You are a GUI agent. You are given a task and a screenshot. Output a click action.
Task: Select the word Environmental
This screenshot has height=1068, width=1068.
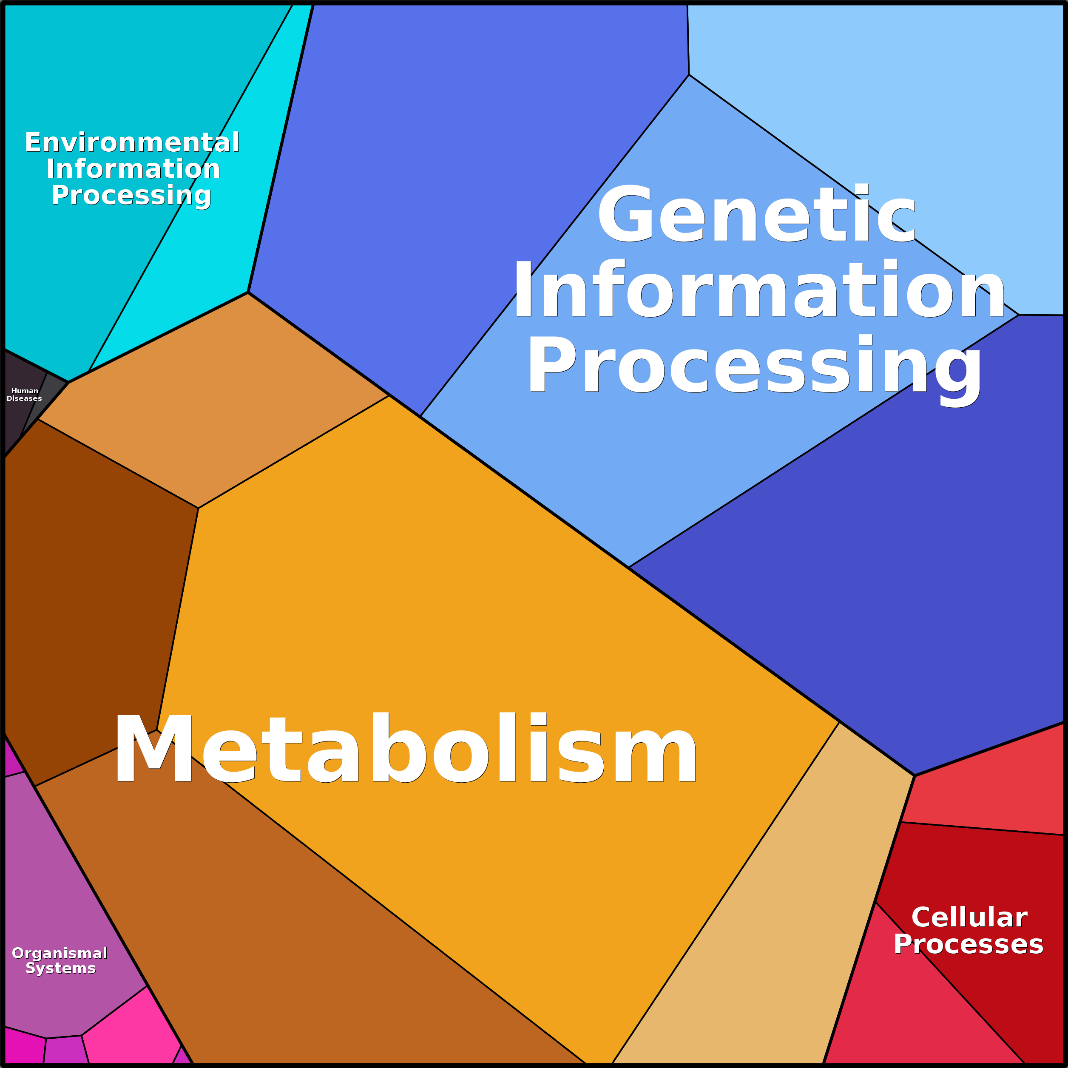(x=132, y=142)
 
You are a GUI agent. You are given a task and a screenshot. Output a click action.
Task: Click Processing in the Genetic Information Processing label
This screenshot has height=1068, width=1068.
(x=755, y=366)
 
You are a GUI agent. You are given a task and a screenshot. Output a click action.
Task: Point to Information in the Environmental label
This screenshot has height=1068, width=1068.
(x=133, y=169)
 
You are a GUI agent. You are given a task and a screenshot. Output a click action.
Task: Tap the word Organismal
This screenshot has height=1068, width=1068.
(x=60, y=953)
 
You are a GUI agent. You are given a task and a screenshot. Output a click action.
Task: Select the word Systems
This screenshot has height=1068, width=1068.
(x=61, y=969)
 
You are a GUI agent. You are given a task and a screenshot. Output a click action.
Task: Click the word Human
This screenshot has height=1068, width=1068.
(x=25, y=391)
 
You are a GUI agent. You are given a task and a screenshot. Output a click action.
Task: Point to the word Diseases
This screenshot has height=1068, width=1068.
(x=24, y=398)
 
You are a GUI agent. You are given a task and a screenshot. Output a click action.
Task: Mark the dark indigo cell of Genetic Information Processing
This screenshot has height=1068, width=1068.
(x=884, y=580)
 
